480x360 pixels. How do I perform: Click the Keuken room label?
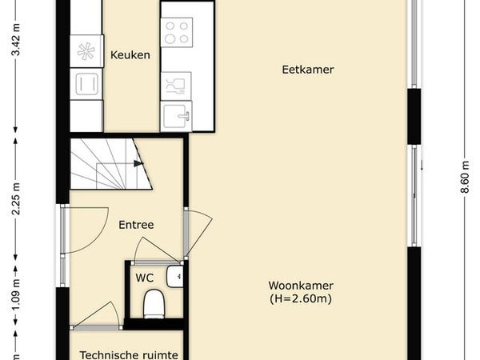pos(130,55)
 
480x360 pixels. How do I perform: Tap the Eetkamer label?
pos(308,70)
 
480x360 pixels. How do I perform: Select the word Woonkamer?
pos(301,286)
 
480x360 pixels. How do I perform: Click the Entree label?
pos(136,225)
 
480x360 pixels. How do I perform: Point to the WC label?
pos(145,278)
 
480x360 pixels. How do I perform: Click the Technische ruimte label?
pos(129,355)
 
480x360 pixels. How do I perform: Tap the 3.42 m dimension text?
pos(16,40)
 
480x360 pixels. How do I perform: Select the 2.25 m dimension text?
pos(16,199)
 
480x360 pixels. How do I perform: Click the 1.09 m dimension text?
pos(16,294)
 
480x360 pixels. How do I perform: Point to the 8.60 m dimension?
pos(465,177)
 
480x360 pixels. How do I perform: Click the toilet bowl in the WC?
pos(154,304)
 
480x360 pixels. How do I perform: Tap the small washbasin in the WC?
pos(174,277)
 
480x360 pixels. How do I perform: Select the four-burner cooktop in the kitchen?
pos(177,33)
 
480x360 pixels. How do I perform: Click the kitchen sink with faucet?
pos(176,116)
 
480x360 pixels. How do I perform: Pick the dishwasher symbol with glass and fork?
pos(176,86)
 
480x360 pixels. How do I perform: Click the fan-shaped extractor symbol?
pos(86,51)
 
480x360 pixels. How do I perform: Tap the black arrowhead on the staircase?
pos(138,163)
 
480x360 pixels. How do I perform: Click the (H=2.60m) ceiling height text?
pos(301,298)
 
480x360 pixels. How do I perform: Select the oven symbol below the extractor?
pos(86,84)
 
